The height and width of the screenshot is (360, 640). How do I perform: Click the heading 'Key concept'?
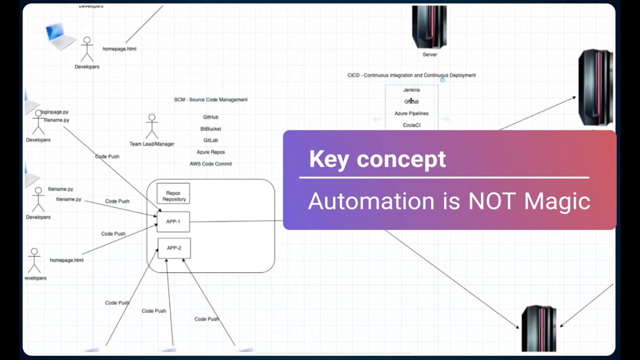coord(377,159)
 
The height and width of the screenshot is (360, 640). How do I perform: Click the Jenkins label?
coord(411,90)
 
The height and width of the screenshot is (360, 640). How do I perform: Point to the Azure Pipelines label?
coord(411,113)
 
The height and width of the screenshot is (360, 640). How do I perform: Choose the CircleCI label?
coord(411,125)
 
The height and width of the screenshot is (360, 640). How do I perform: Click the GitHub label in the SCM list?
coord(210,117)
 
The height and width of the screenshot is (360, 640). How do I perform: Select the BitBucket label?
coord(210,129)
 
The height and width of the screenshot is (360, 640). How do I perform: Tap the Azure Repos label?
coord(210,152)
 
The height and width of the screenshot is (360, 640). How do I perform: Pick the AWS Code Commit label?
coord(210,163)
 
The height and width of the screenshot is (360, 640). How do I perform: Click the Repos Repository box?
coord(173,193)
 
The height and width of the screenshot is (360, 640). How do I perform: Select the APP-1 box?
coord(173,221)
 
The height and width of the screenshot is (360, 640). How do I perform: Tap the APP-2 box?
coord(174,248)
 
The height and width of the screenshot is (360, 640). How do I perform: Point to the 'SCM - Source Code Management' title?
coord(210,99)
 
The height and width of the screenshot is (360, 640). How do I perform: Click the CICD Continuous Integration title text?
coord(411,75)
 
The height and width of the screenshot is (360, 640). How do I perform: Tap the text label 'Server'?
coord(429,54)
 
